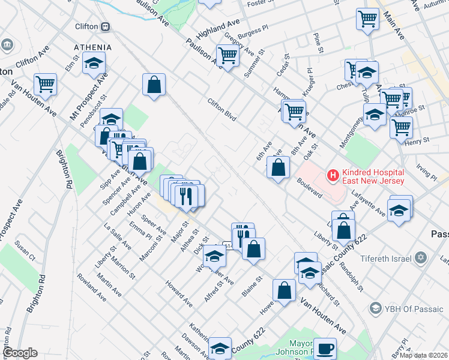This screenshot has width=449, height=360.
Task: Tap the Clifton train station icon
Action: [x=106, y=26]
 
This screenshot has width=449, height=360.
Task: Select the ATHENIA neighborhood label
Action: [x=92, y=47]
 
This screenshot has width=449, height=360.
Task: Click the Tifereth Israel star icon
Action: [x=421, y=257]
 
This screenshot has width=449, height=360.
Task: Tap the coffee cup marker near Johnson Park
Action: [x=325, y=348]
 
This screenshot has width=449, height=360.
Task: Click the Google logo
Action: [x=20, y=353]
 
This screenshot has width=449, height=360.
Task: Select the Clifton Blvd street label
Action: [x=221, y=107]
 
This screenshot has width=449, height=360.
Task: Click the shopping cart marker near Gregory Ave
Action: [x=228, y=55]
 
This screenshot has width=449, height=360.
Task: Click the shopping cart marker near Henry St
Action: [x=401, y=127]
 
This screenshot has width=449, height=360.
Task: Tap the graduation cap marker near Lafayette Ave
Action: [x=399, y=210]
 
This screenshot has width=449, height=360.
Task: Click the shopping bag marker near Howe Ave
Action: [x=284, y=290]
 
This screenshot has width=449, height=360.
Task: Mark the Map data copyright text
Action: [x=423, y=355]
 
